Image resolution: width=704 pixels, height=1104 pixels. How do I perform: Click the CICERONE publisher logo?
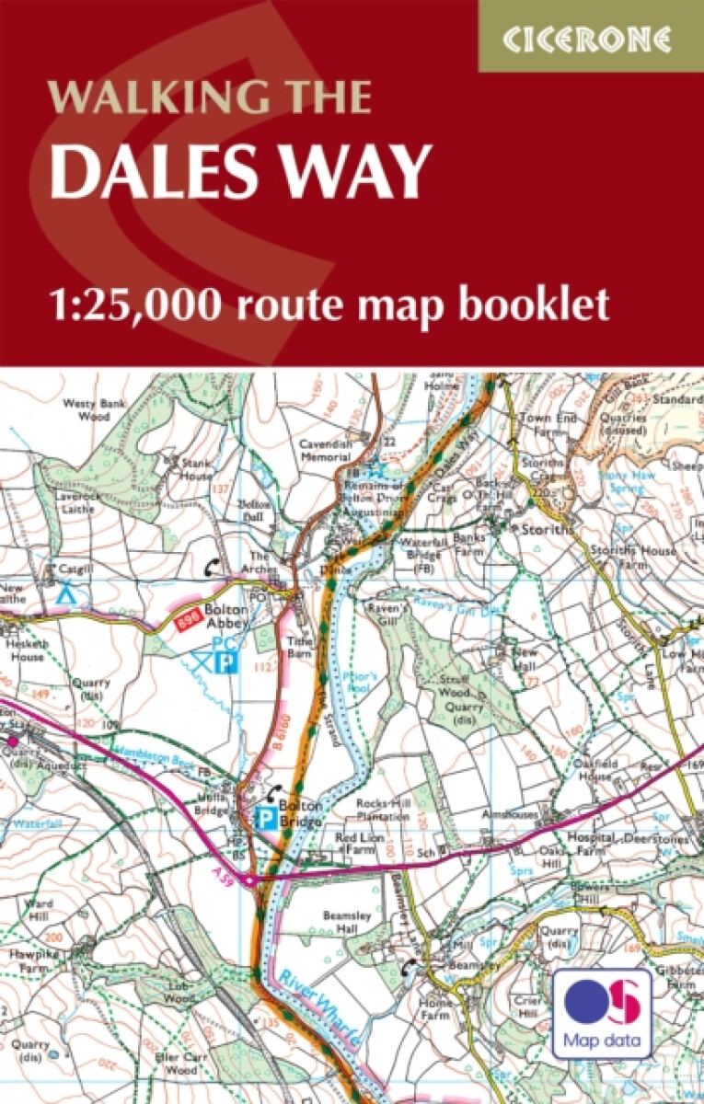[x=590, y=39]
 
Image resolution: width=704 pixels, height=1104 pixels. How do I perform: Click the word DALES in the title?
[x=155, y=172]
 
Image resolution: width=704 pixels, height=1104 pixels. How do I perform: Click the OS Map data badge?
[x=603, y=1012]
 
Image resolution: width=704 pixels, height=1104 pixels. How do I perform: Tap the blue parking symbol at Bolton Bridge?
[x=265, y=815]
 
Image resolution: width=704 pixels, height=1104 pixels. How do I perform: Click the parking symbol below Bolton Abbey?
[x=223, y=661]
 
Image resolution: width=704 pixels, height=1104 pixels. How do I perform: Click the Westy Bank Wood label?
[x=92, y=409]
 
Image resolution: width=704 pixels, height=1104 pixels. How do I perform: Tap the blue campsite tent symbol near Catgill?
[x=64, y=594]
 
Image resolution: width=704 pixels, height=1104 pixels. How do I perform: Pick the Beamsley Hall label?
[x=345, y=923]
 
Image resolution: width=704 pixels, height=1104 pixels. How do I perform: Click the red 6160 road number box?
[x=190, y=623]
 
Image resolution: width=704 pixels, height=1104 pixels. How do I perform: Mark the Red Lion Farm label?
[x=359, y=845]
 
